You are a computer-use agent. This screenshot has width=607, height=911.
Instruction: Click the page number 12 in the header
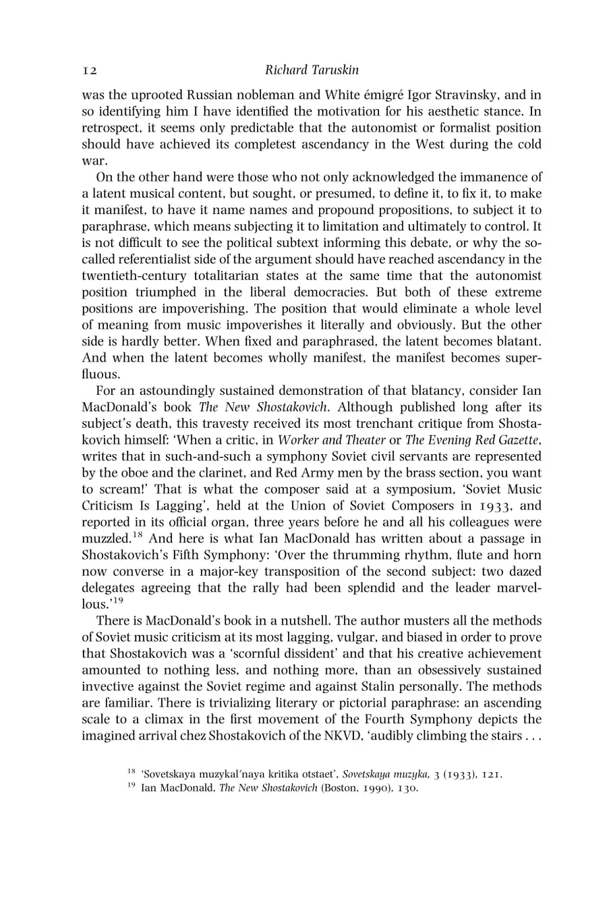[90, 70]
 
